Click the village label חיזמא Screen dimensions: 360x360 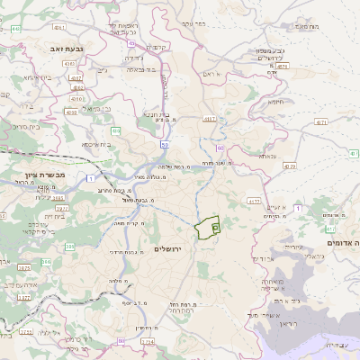(275, 102)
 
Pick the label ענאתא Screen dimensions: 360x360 (267, 157)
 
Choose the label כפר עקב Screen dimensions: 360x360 (193, 24)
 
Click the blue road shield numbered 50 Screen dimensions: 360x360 (165, 143)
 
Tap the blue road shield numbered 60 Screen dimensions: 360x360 (219, 147)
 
